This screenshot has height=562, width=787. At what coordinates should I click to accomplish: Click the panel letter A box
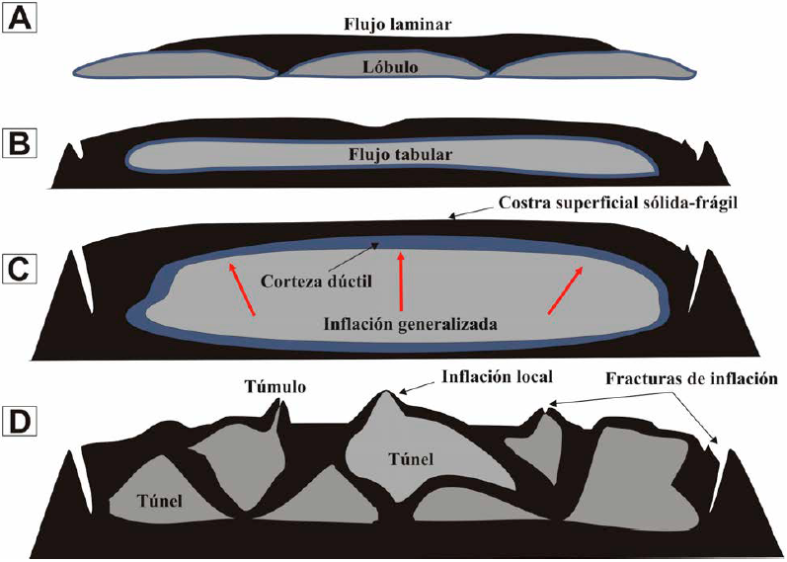pos(20,19)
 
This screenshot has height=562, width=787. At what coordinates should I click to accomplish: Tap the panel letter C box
pos(20,268)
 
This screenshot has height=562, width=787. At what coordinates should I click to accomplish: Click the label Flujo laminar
pos(399,22)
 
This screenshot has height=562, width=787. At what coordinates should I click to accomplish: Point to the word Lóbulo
pos(388,70)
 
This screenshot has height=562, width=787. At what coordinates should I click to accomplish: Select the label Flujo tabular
pos(393,154)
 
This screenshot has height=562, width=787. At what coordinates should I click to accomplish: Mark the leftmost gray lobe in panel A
pos(174,68)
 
